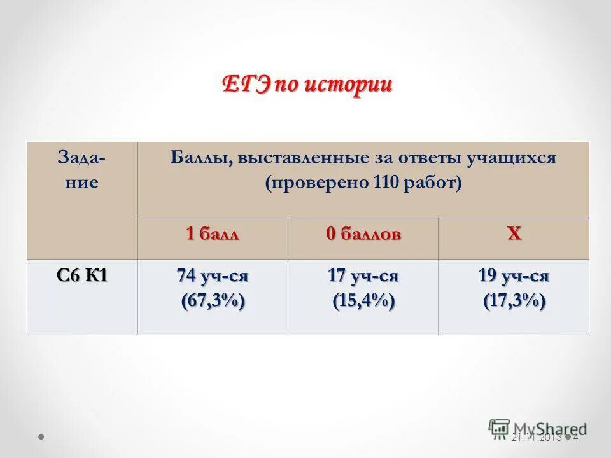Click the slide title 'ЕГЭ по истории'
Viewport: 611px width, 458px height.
[x=307, y=85]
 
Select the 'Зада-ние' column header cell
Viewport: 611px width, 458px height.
[x=81, y=170]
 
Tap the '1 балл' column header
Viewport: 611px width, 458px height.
[x=213, y=233]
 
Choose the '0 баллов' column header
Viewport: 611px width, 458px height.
[x=363, y=233]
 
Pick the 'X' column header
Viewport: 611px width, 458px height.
[x=514, y=233]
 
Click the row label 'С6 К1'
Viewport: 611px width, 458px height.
[x=81, y=275]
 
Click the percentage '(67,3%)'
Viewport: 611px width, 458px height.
[x=213, y=300]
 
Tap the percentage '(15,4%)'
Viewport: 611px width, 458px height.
[x=363, y=300]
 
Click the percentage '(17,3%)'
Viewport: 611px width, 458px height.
[x=514, y=300]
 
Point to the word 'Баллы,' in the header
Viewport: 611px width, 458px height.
[x=202, y=157]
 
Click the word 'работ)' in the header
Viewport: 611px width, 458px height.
[x=437, y=183]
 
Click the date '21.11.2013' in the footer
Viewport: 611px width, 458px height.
[x=537, y=438]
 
